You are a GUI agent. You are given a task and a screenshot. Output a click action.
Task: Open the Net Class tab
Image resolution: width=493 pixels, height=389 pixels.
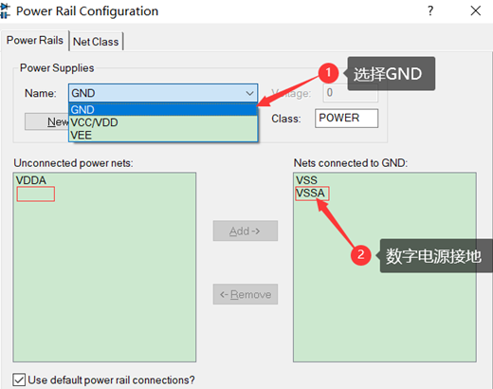click(x=97, y=41)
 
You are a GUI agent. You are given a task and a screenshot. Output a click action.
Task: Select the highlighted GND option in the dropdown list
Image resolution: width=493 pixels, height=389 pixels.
click(x=82, y=109)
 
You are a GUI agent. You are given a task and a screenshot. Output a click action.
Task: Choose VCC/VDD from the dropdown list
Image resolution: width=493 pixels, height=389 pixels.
click(x=95, y=121)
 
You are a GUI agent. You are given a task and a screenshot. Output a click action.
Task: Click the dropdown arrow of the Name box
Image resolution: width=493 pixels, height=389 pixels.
click(x=249, y=94)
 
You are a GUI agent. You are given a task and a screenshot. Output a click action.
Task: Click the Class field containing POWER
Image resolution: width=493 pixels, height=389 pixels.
click(x=346, y=119)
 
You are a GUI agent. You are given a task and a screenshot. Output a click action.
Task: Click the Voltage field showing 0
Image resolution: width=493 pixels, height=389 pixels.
click(x=350, y=93)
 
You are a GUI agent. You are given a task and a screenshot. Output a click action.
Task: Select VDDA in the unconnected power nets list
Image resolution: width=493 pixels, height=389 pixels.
click(x=31, y=180)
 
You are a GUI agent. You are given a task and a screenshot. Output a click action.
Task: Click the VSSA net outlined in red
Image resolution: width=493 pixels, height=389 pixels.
click(x=312, y=194)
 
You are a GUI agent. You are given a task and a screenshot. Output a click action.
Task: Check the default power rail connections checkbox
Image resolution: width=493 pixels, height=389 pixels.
click(x=19, y=380)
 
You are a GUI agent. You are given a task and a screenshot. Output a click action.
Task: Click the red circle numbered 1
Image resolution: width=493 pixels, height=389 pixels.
click(x=328, y=73)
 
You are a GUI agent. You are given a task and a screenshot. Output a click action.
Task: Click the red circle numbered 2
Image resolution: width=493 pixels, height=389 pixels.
click(x=360, y=254)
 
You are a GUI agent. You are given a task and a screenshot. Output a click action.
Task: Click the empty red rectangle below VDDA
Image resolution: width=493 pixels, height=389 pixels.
click(x=35, y=194)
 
